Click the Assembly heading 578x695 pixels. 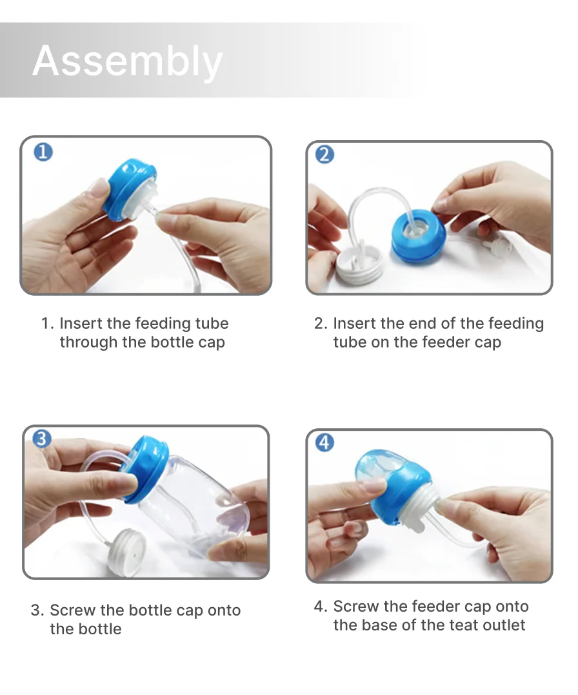click(x=127, y=61)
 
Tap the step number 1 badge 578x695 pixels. click(x=43, y=152)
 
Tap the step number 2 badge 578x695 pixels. click(x=325, y=154)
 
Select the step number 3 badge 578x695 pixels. click(x=41, y=439)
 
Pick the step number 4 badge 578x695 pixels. click(x=325, y=442)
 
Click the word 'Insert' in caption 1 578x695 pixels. click(x=82, y=324)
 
